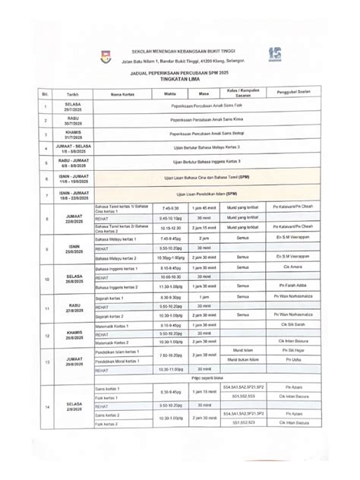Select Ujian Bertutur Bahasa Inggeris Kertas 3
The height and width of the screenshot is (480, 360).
click(207, 161)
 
